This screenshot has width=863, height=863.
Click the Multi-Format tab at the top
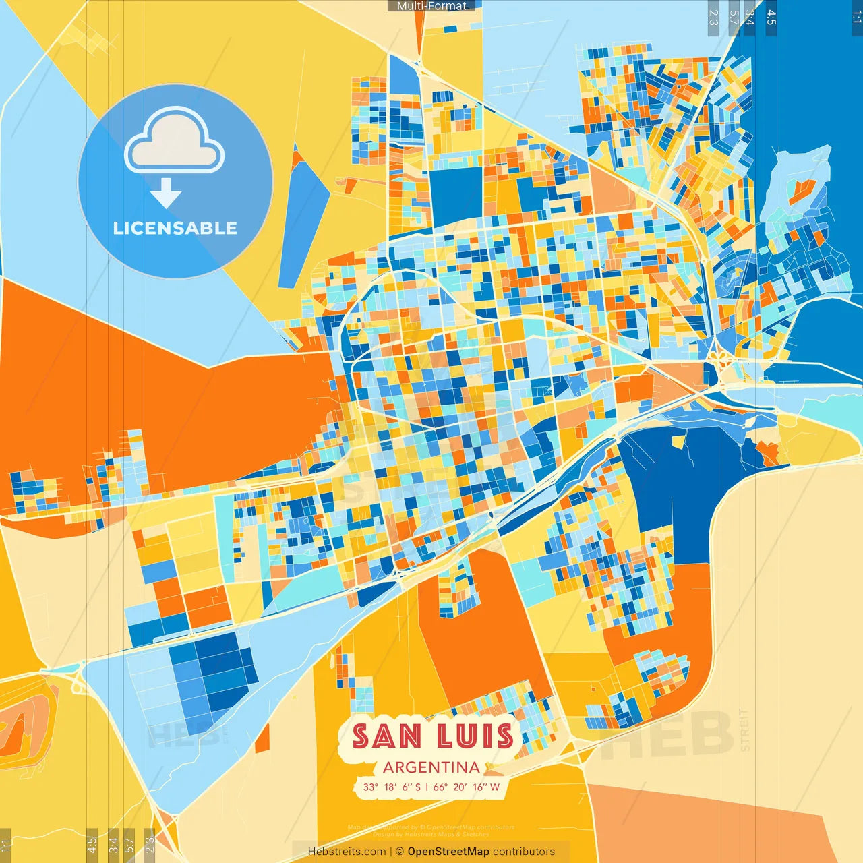click(x=431, y=6)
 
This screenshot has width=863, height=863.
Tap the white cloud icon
click(x=174, y=144)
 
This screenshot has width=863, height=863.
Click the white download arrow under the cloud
click(x=166, y=194)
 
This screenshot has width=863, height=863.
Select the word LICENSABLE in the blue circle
click(x=175, y=228)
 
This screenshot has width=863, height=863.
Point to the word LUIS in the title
click(x=475, y=736)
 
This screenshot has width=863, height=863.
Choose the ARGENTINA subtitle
click(x=431, y=767)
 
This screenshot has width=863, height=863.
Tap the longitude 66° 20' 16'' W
click(x=467, y=787)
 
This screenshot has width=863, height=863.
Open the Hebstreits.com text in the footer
click(x=347, y=852)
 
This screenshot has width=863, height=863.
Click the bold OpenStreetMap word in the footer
click(x=448, y=852)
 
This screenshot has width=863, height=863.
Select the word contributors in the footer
click(x=524, y=852)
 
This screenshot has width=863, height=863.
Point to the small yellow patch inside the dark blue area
click(x=679, y=441)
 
